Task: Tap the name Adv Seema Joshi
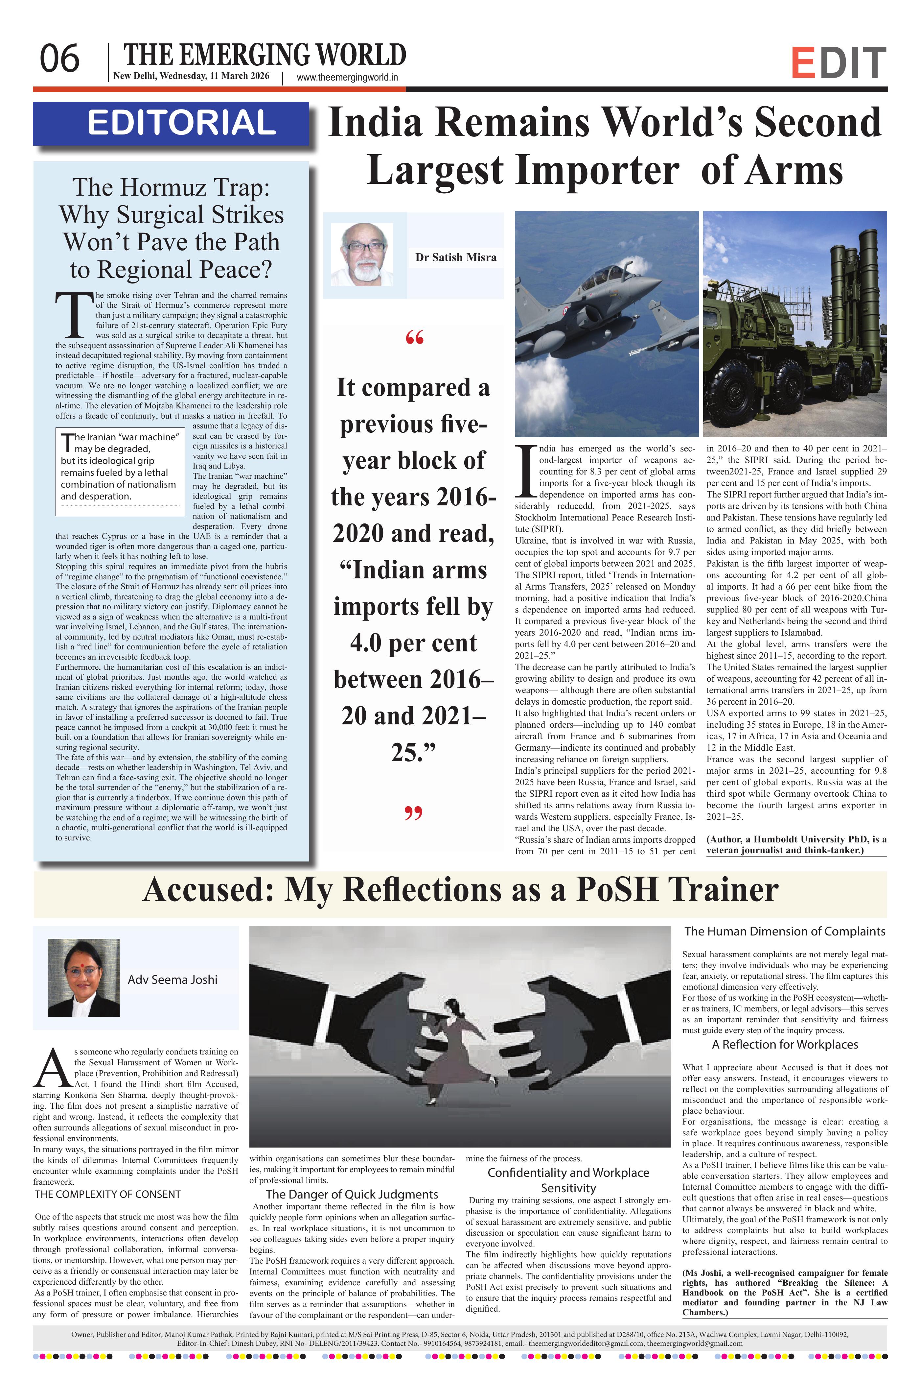click(172, 980)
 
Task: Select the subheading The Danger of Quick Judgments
click(352, 1194)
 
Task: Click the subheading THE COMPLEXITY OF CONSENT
click(108, 1194)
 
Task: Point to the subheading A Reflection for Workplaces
click(785, 1045)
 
